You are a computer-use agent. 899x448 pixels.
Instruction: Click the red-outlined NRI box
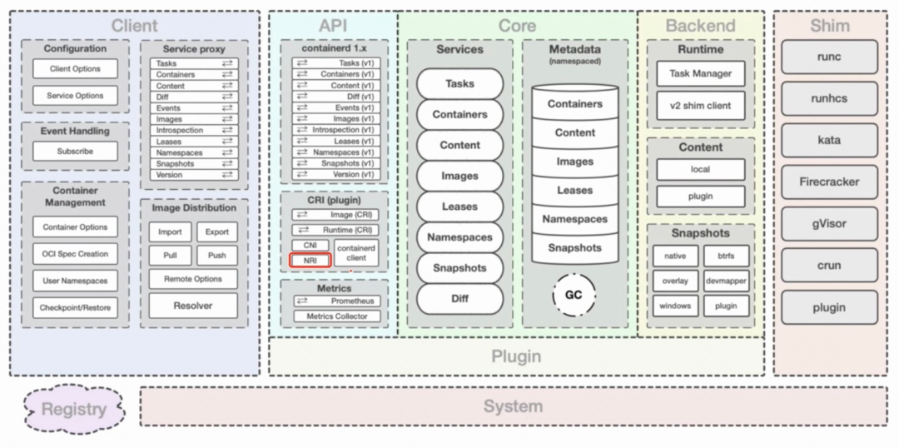tap(310, 261)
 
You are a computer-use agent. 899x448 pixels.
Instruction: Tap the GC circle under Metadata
tap(574, 295)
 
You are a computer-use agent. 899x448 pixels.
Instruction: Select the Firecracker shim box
tap(829, 182)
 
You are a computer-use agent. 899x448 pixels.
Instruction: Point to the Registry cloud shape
tap(74, 409)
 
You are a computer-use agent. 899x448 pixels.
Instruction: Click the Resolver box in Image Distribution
tap(193, 306)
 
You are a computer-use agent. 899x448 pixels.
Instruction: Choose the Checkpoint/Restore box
tap(75, 308)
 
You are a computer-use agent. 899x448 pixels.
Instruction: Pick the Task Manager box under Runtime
tap(701, 73)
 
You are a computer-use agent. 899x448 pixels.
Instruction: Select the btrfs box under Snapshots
tap(726, 256)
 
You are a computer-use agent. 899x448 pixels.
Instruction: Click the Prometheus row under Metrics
tap(337, 301)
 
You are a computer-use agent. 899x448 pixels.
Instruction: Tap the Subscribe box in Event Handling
tap(75, 152)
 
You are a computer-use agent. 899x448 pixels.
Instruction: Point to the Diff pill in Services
tap(459, 299)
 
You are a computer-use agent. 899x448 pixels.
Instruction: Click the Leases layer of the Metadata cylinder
tap(575, 191)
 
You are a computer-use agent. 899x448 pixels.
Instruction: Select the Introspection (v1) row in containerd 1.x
tap(336, 130)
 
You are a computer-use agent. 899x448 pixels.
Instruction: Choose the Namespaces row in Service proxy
tap(194, 152)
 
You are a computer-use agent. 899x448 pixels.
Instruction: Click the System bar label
tap(513, 406)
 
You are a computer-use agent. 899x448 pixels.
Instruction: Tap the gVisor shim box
tap(829, 224)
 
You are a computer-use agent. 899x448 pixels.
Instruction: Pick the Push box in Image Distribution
tap(216, 256)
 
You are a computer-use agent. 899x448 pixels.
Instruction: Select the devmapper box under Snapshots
tap(726, 281)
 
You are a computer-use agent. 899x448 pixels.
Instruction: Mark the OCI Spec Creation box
tap(75, 254)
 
